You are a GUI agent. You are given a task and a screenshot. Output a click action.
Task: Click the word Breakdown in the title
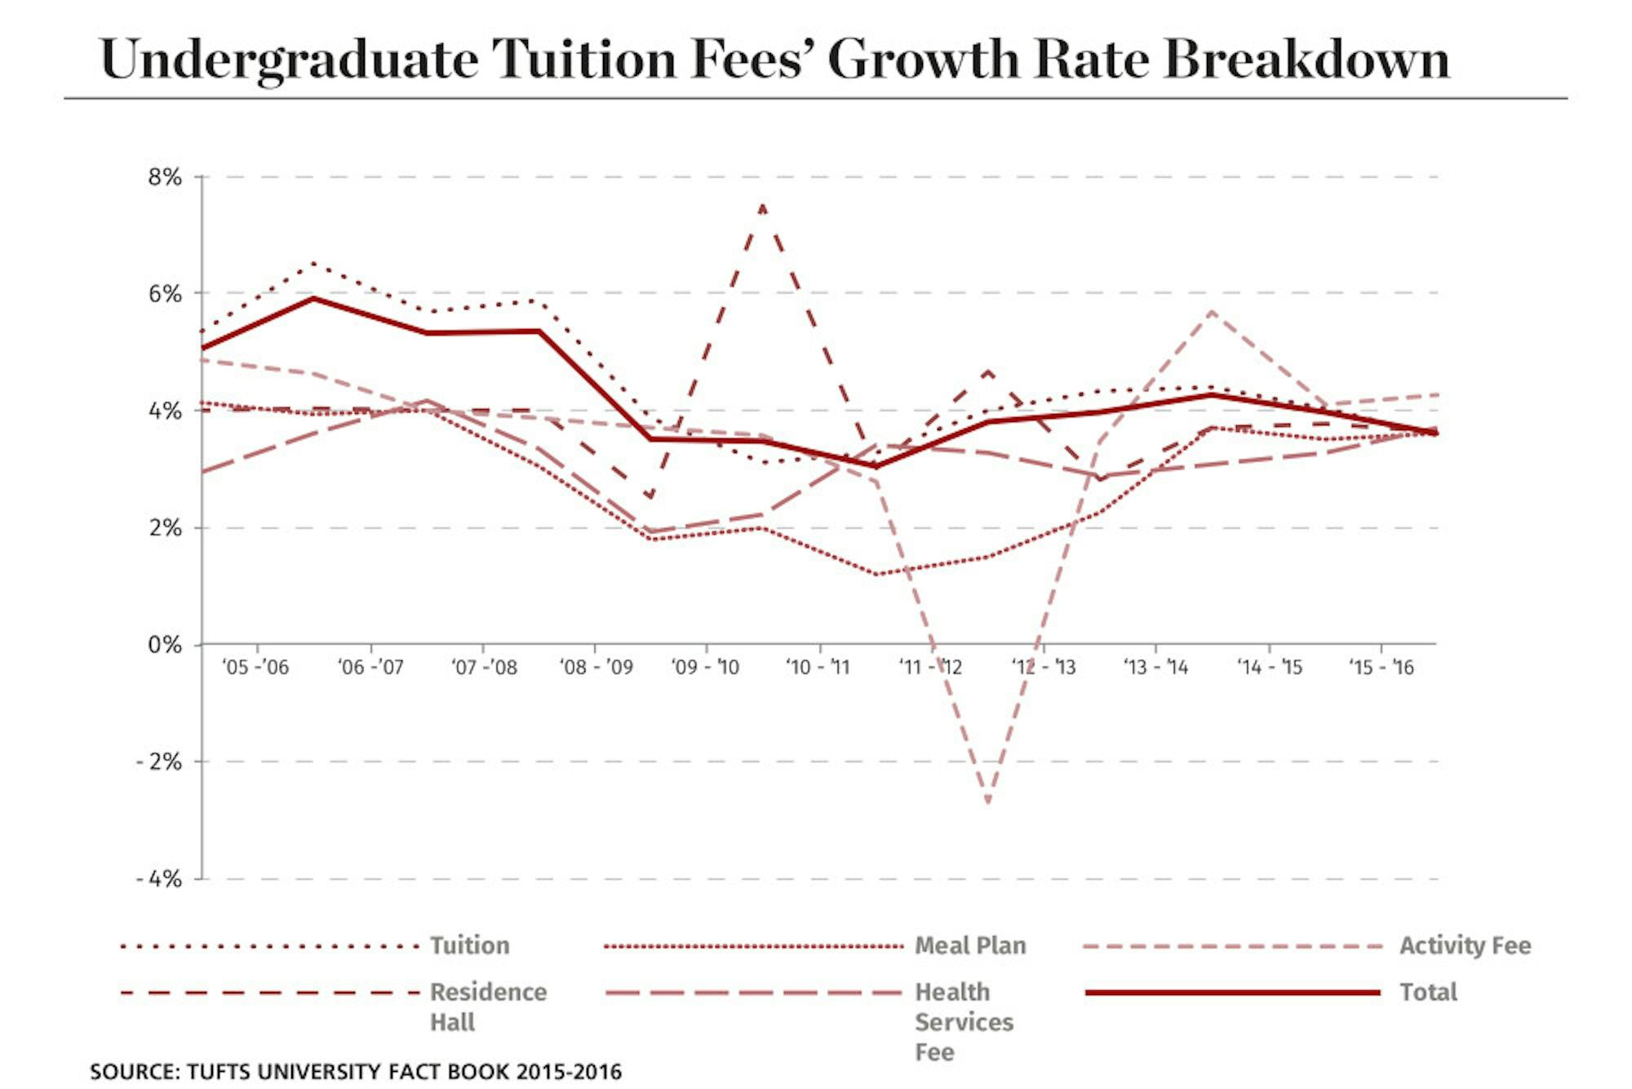pos(1306,59)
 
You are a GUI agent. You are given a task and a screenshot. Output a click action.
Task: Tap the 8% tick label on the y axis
pos(164,177)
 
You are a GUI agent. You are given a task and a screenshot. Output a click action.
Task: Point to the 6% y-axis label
pos(164,294)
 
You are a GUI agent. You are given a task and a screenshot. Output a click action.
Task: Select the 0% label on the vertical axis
pos(164,645)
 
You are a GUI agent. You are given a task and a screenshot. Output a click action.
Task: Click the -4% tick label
pos(158,879)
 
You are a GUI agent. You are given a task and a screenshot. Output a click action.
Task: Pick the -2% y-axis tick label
pos(158,762)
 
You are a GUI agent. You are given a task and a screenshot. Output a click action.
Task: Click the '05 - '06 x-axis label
pos(255,668)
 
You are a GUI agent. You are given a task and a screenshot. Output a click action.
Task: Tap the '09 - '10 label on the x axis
pos(705,668)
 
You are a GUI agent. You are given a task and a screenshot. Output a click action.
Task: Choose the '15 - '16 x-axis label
pos(1381,668)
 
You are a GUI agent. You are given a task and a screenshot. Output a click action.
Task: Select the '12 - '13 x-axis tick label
pos(1044,668)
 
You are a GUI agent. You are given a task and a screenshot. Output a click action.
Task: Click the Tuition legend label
pos(470,945)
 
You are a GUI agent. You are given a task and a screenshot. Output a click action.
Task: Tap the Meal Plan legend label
pos(970,945)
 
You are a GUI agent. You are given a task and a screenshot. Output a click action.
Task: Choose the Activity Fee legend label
pos(1466,945)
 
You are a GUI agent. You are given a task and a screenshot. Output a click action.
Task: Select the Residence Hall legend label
pos(488,1007)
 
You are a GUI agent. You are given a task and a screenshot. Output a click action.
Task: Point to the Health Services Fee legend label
pos(964,1021)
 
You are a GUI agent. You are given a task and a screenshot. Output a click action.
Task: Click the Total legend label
pos(1428,992)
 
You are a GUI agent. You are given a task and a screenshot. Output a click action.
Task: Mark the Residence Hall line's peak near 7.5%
pos(762,206)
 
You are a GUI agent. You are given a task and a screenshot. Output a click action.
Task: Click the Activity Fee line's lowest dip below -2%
pos(988,802)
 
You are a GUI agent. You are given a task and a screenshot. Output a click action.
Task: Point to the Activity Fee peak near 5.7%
pos(1212,312)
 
